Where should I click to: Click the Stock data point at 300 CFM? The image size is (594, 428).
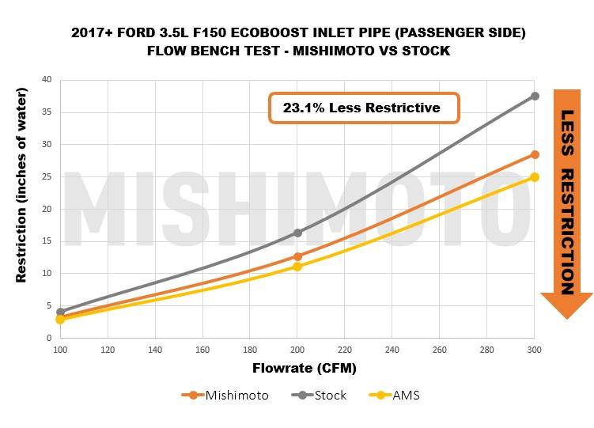tap(535, 96)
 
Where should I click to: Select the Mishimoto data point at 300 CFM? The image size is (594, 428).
tap(535, 154)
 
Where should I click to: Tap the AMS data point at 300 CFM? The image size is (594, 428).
tap(535, 177)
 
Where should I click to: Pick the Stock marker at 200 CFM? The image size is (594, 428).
tap(297, 233)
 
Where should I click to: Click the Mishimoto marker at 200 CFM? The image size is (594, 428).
tap(297, 256)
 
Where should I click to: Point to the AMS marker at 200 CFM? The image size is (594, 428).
tap(297, 267)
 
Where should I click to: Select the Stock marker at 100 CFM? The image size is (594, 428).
tap(60, 312)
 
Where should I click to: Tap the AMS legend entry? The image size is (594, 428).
tap(399, 395)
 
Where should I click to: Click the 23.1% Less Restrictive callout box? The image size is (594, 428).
tap(364, 108)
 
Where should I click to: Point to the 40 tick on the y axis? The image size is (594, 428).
tap(48, 79)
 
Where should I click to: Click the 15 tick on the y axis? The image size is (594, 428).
tap(48, 241)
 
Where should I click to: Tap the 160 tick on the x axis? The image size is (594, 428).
tap(202, 349)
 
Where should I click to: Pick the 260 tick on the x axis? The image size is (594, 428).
tap(440, 349)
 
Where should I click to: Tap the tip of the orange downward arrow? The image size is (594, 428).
tap(566, 319)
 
